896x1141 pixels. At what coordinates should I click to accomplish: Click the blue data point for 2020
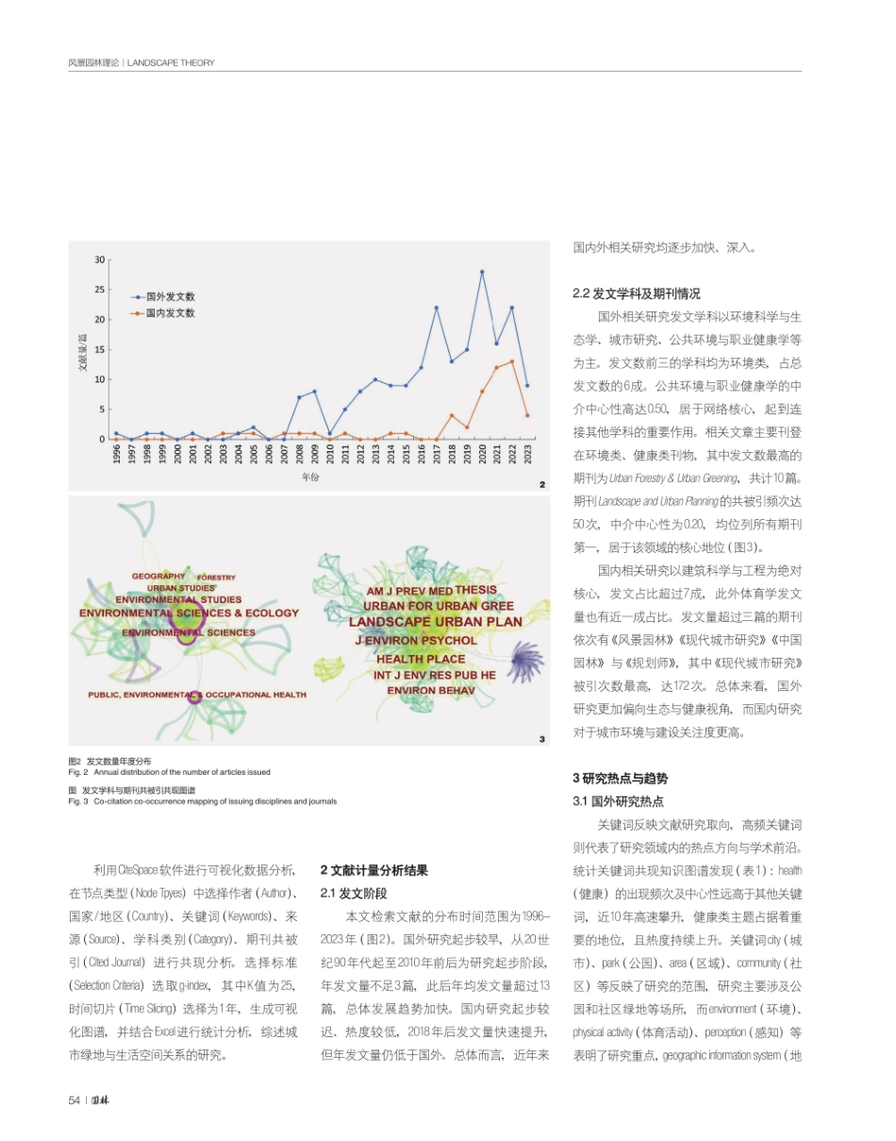coord(482,272)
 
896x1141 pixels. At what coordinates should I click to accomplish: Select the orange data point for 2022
coord(512,361)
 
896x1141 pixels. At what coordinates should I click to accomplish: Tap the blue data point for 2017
coord(437,308)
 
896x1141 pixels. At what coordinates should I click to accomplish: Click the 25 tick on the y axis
coord(99,290)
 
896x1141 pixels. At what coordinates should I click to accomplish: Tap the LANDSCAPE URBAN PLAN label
coord(435,623)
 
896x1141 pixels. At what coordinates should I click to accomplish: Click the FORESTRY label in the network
coord(216,578)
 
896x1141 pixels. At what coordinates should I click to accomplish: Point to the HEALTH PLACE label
coord(421,659)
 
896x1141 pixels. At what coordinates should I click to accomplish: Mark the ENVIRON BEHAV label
coord(432,690)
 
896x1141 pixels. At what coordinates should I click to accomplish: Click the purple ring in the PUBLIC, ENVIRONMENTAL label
coord(194,697)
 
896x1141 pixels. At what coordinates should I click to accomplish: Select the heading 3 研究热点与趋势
coord(620,779)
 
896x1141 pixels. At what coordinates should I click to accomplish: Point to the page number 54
coord(74,1100)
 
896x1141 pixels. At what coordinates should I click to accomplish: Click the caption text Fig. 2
coord(78,772)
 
